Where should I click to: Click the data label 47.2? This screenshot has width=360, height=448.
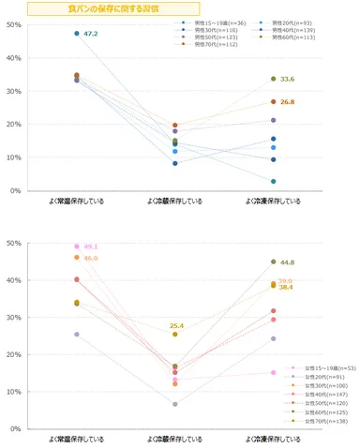click(x=91, y=34)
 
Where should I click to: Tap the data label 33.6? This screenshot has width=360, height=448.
click(x=287, y=80)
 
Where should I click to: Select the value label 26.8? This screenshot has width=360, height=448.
click(x=287, y=102)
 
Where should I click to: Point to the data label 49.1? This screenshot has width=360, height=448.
click(x=91, y=247)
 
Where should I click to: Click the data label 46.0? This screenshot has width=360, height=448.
click(x=91, y=258)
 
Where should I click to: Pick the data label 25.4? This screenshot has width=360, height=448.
click(x=176, y=325)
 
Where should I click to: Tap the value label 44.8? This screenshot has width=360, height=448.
click(x=287, y=263)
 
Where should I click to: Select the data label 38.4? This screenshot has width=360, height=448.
click(x=287, y=288)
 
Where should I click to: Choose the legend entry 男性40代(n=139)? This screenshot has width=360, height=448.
click(x=292, y=30)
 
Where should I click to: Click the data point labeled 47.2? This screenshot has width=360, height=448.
click(x=77, y=34)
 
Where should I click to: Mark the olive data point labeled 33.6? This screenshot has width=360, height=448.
click(x=273, y=79)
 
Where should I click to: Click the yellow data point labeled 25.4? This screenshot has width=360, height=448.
click(x=175, y=335)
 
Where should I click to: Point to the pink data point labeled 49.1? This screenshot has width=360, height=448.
click(x=77, y=246)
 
